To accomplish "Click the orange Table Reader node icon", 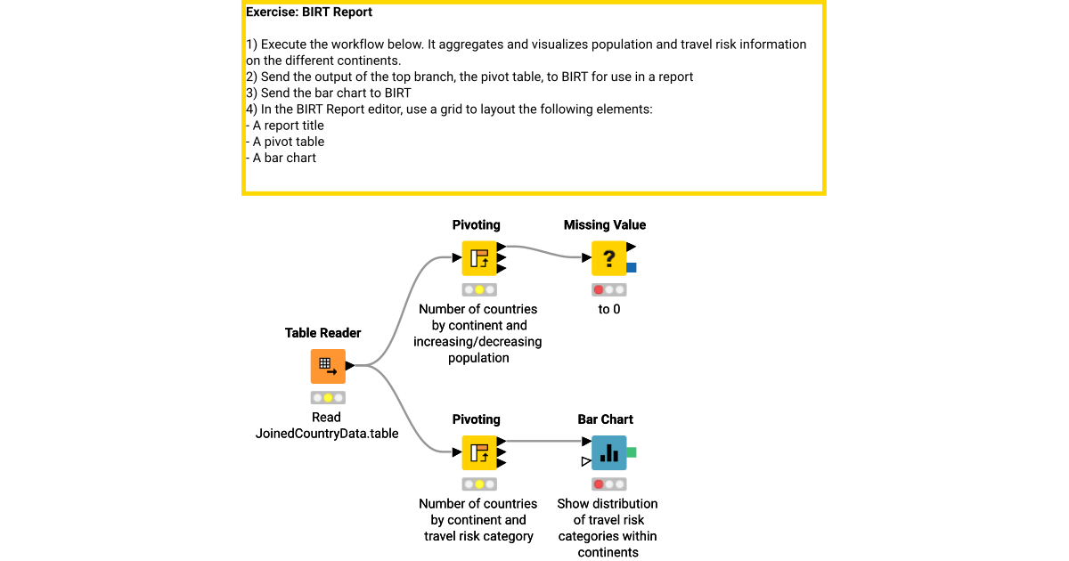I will [328, 366].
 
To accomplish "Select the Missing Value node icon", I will [608, 258].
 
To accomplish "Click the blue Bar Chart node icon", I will [608, 452].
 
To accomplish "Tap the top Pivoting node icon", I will [479, 258].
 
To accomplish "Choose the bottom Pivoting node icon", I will [479, 452].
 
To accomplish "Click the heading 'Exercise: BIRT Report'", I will [309, 12].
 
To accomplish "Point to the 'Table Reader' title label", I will [322, 333].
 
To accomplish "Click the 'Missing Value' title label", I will [605, 225].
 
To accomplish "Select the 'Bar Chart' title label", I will [605, 419].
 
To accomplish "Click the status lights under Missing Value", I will [608, 290].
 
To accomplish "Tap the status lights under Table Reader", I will [328, 398].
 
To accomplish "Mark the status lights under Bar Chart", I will [608, 484].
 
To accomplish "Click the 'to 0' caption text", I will [609, 309].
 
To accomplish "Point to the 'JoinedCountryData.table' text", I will [327, 434].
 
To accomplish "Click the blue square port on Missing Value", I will [632, 267].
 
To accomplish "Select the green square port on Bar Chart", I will [632, 452].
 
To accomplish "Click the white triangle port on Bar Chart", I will [585, 461].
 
